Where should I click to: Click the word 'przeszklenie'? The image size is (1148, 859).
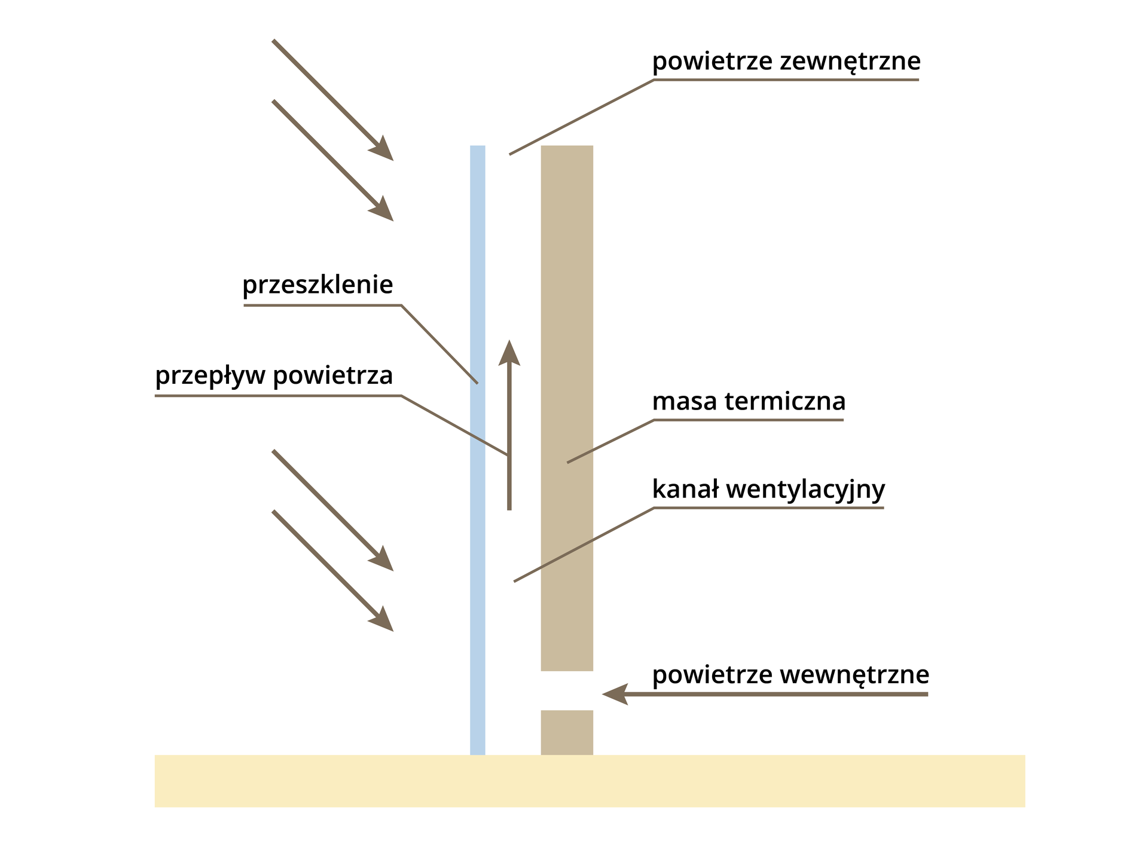tap(317, 286)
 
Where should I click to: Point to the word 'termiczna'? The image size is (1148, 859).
tap(786, 402)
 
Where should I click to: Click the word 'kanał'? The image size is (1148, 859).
tap(685, 490)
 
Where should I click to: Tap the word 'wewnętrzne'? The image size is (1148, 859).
tap(855, 675)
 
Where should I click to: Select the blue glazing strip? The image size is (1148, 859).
tap(477, 448)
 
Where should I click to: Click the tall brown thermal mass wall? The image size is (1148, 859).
tap(567, 406)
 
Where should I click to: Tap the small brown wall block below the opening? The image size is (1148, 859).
tap(567, 732)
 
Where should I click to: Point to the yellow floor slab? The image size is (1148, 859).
tap(590, 781)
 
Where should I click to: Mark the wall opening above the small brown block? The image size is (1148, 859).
tap(567, 690)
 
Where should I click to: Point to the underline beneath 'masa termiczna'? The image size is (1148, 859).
tap(747, 420)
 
